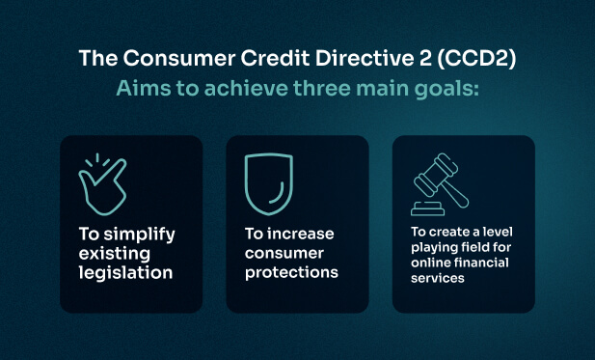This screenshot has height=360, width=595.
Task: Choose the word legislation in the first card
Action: (x=125, y=272)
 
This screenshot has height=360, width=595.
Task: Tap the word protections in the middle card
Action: (x=290, y=272)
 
